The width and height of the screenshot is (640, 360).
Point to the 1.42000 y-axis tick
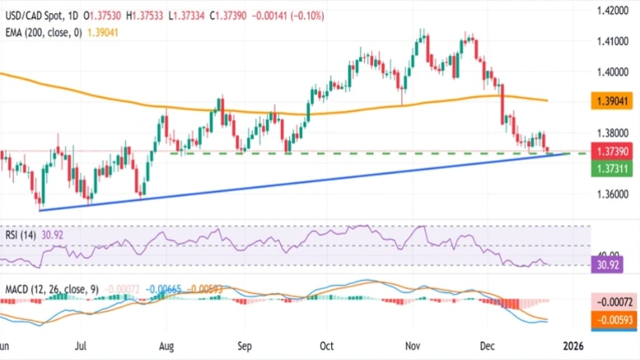[x=611, y=11]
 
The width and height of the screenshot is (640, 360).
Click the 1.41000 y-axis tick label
[x=611, y=41]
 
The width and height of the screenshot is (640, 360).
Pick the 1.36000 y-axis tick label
[x=611, y=194]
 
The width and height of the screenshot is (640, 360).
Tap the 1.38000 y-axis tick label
[x=611, y=133]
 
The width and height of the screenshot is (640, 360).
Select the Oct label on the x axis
[x=326, y=346]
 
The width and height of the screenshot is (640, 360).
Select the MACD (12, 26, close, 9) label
[x=49, y=288]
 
